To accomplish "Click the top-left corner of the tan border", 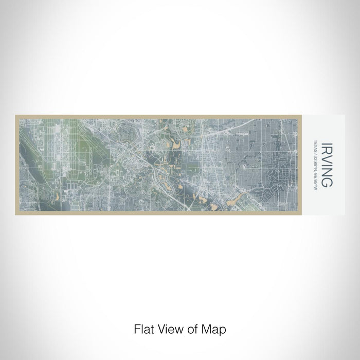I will [x=16, y=115].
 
